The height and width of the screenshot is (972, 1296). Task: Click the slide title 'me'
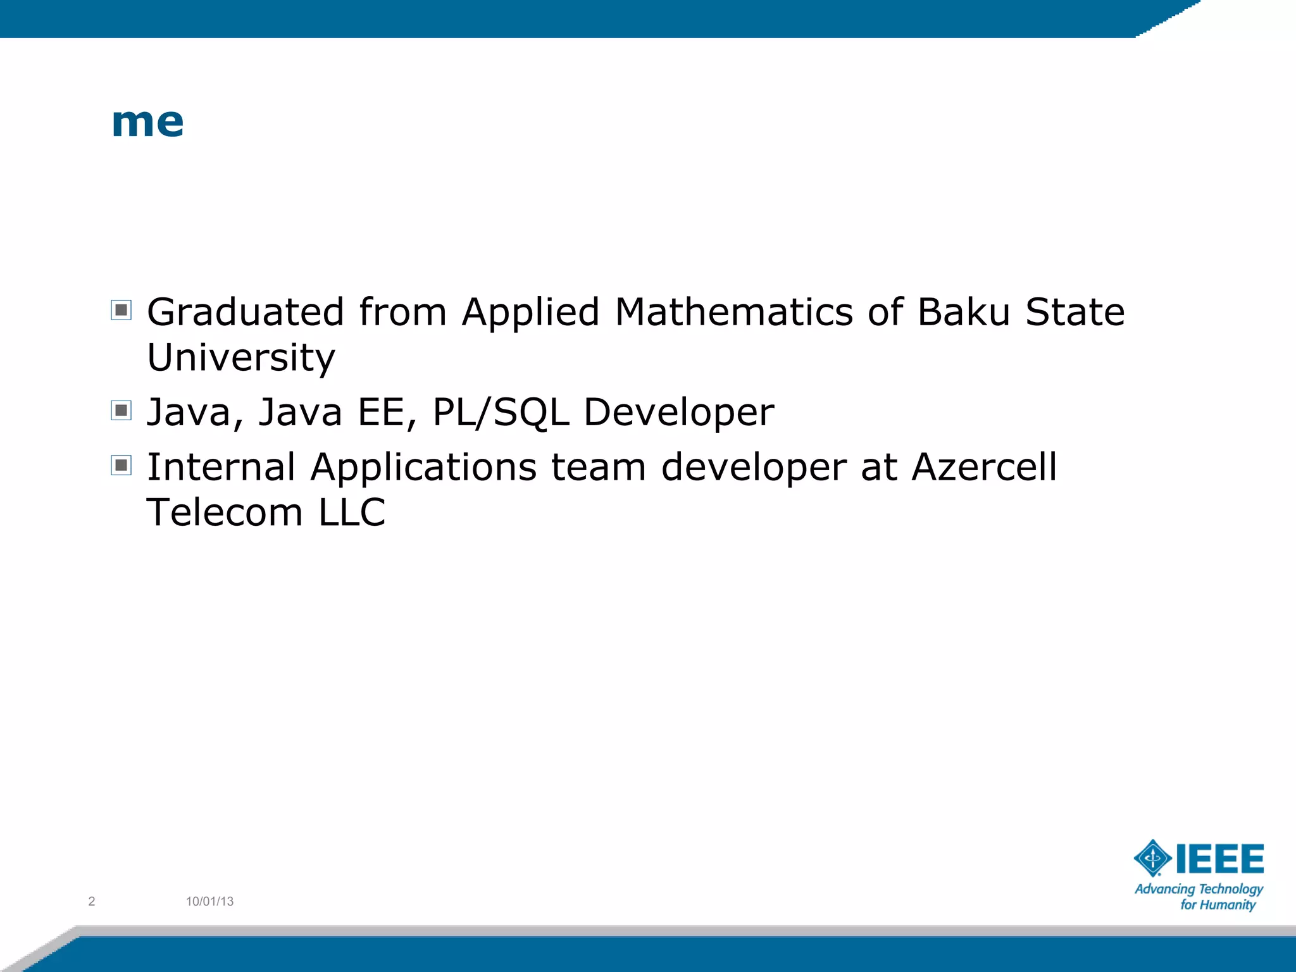point(147,121)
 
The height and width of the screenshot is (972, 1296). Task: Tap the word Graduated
point(246,313)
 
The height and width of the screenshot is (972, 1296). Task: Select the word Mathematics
point(733,313)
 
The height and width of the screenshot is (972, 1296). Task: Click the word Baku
point(963,313)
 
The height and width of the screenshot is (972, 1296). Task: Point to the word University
point(240,358)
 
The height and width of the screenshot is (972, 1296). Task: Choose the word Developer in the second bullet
point(678,413)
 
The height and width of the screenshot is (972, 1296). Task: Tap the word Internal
point(221,467)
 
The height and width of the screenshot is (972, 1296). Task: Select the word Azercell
point(984,467)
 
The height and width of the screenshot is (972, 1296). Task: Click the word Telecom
point(225,512)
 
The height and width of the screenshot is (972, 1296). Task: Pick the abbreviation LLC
point(352,512)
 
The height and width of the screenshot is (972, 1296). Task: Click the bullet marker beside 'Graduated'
point(121,310)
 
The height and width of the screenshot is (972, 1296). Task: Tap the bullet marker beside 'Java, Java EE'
point(121,410)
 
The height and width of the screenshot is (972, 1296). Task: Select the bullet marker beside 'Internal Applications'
point(121,465)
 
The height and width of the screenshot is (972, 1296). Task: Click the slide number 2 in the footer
point(92,901)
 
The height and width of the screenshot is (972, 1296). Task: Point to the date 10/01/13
point(209,901)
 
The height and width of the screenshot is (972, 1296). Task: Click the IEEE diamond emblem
point(1152,858)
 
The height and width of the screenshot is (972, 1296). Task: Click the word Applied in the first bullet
point(530,313)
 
